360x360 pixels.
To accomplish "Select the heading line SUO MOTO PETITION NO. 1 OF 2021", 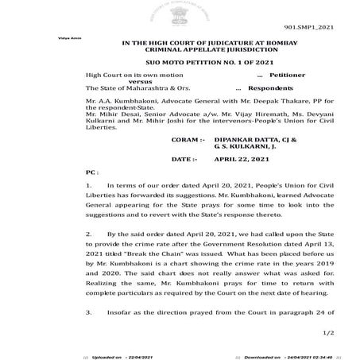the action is (180, 61).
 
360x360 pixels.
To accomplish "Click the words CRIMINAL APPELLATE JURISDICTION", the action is (180, 48).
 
